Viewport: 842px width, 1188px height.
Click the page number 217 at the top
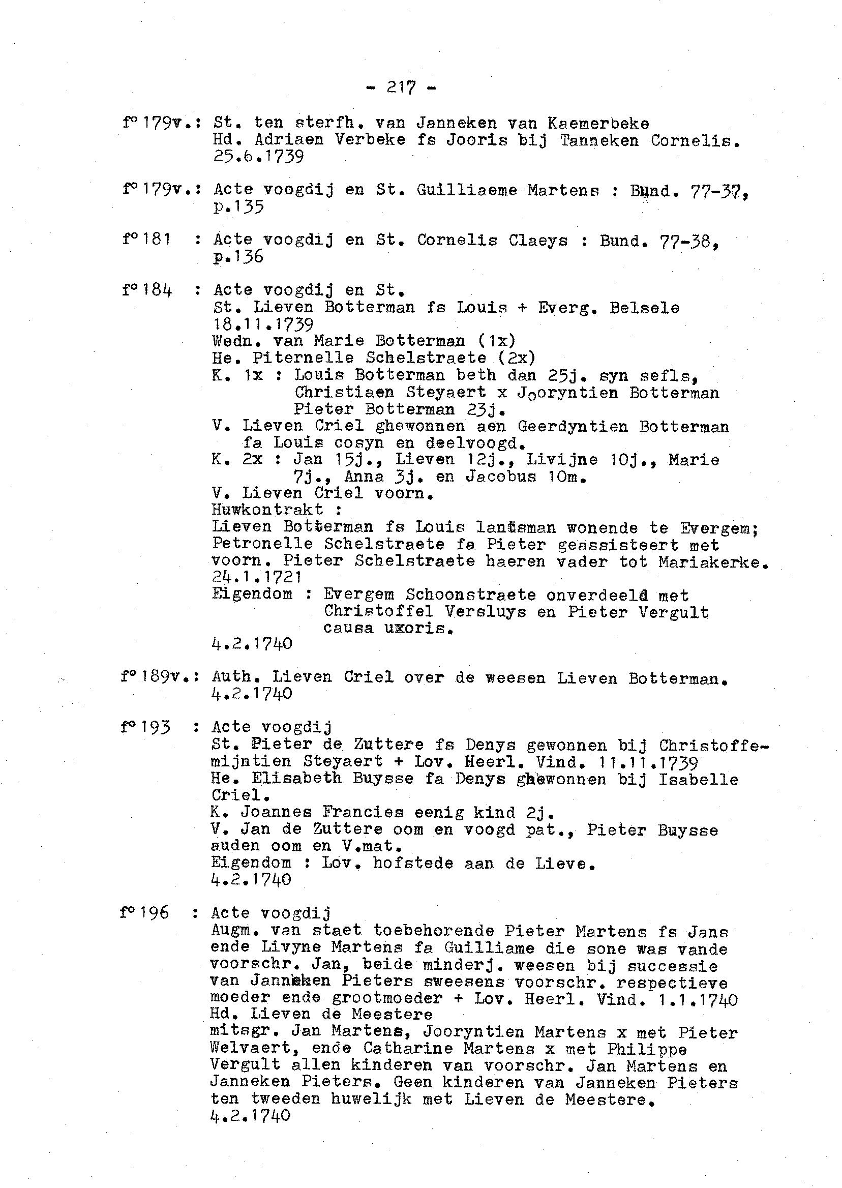coord(401,87)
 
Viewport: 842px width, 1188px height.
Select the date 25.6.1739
coord(258,157)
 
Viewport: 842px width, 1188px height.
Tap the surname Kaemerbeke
coord(598,124)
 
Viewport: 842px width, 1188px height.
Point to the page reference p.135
coord(238,207)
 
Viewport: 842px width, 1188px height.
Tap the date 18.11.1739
coord(263,324)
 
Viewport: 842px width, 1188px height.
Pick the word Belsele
coord(644,308)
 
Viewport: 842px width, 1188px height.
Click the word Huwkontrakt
coord(267,510)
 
